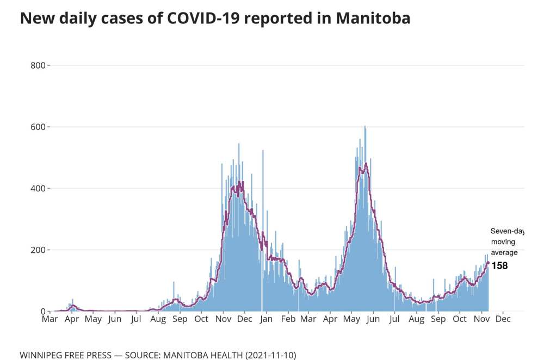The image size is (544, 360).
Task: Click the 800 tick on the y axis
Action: [38, 65]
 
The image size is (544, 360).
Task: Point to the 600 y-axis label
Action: [38, 127]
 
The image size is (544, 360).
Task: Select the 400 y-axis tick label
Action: [38, 188]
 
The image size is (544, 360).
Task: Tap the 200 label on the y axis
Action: [38, 250]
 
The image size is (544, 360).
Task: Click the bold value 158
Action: [499, 266]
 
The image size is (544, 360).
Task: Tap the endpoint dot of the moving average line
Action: [488, 263]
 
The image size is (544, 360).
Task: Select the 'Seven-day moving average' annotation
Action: [506, 241]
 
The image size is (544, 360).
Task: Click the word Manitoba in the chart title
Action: [373, 18]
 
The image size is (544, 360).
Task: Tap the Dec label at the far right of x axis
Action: [503, 319]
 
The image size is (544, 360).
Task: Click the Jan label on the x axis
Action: [266, 319]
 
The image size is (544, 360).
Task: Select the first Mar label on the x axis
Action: [50, 319]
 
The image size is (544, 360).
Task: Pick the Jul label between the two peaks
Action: [395, 319]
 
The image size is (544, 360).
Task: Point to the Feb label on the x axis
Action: [288, 319]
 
